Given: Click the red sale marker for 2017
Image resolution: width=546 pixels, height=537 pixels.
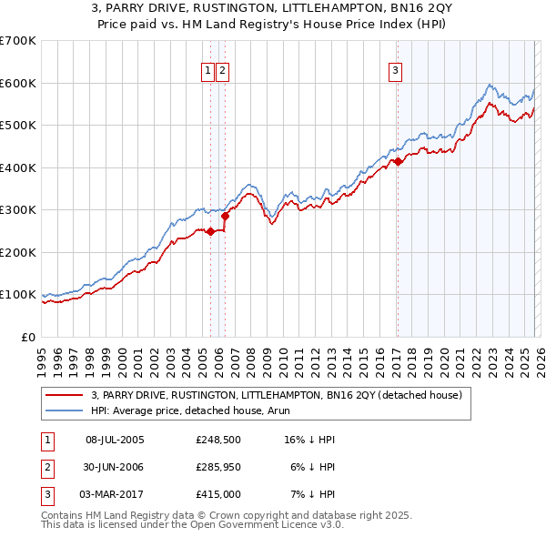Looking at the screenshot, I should point(398,162).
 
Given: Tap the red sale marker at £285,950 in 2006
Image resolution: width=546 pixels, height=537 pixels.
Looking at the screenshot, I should point(226,216).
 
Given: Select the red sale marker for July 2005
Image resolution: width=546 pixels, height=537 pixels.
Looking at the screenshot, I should point(210,231).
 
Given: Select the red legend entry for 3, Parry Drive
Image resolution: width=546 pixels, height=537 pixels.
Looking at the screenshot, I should point(277,395).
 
